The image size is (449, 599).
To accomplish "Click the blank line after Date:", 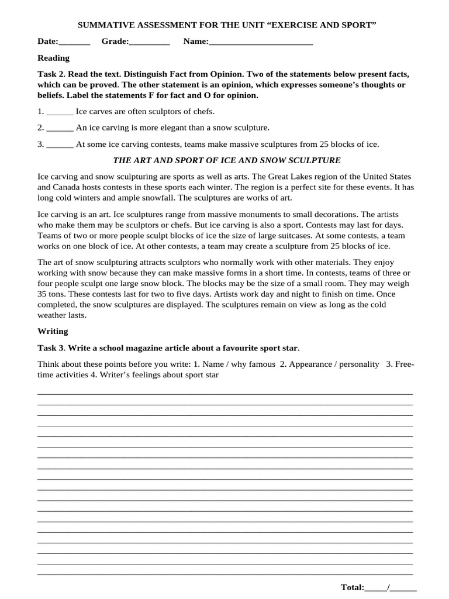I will click(x=74, y=42).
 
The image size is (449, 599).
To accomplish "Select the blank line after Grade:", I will click(x=149, y=42).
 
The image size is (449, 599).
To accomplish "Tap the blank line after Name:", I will click(x=261, y=42).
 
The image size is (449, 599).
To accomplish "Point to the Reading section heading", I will click(x=53, y=58).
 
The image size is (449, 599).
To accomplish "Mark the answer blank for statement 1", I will click(x=60, y=111).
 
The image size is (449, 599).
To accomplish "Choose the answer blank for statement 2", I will click(x=60, y=128).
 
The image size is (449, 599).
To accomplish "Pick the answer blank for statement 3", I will click(x=60, y=144).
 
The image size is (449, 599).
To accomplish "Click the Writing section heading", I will click(x=53, y=331).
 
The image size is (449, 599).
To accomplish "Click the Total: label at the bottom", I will click(x=352, y=587).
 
